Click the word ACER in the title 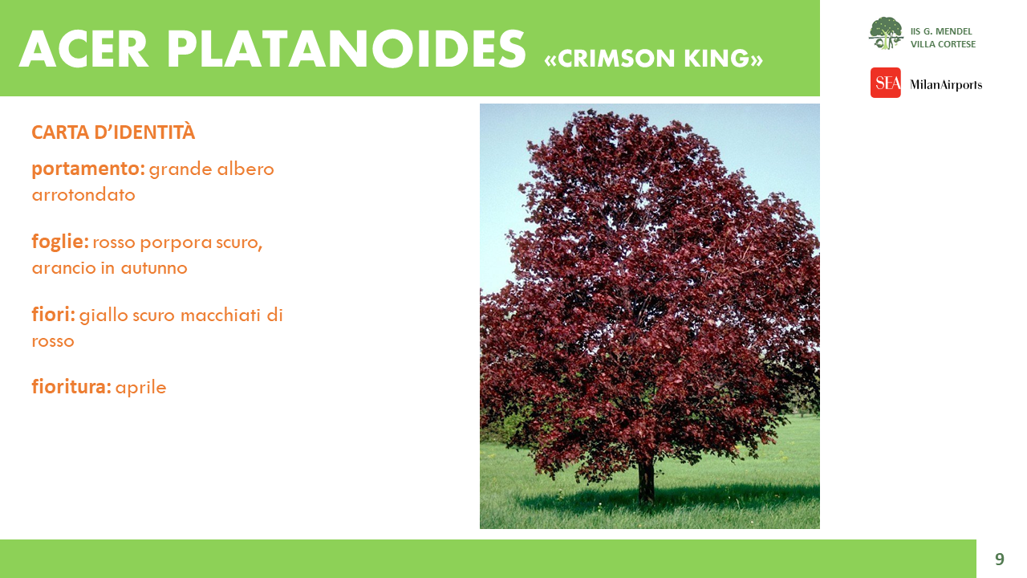point(83,49)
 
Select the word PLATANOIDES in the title point(347,49)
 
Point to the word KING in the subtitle point(716,59)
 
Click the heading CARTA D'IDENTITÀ point(113,132)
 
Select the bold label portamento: point(88,169)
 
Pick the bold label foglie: point(60,242)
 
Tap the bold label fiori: point(53,315)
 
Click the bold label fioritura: point(71,387)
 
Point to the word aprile point(140,388)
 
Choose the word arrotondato point(83,195)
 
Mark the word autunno point(155,268)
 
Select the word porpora point(176,243)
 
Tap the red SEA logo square point(885,83)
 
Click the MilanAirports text point(946,85)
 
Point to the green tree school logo point(886,33)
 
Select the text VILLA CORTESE point(943,44)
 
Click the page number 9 point(1000,559)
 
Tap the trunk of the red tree point(646,482)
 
